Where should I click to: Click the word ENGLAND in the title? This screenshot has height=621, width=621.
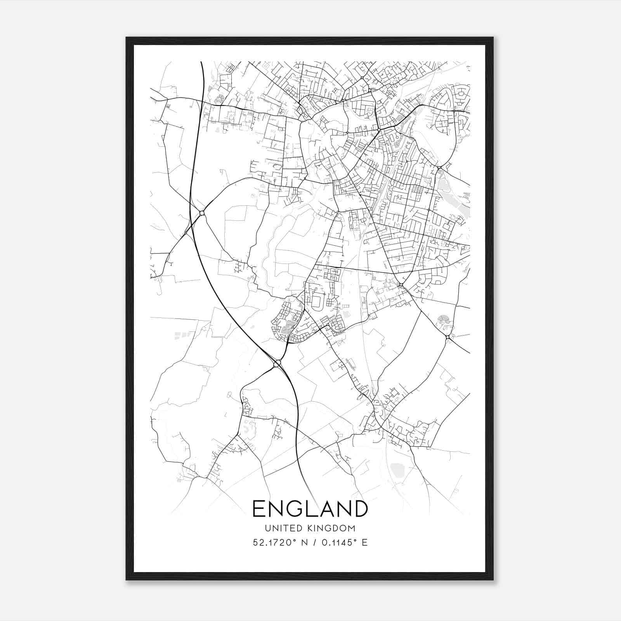click(x=310, y=508)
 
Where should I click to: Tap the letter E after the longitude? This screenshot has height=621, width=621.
click(x=364, y=542)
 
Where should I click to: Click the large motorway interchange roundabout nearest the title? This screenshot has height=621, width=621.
click(x=277, y=364)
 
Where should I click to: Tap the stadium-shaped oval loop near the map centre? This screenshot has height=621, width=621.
click(x=317, y=302)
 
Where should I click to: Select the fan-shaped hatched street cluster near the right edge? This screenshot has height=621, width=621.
click(x=444, y=320)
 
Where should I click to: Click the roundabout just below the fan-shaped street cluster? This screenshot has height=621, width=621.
click(x=448, y=337)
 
